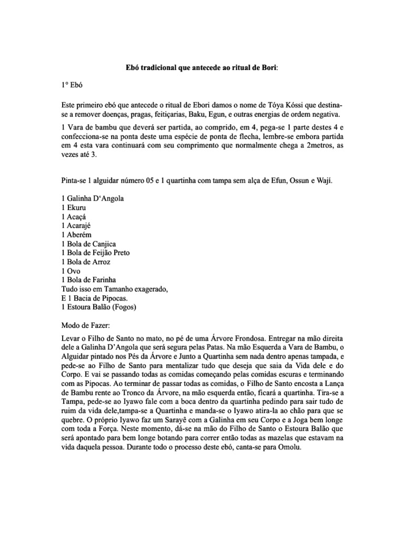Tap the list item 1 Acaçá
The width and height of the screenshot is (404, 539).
click(x=75, y=216)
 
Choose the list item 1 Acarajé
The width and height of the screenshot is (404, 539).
click(x=78, y=225)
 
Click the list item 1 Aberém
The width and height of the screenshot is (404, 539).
click(x=78, y=234)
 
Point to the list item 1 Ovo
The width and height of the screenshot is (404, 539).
click(x=71, y=271)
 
